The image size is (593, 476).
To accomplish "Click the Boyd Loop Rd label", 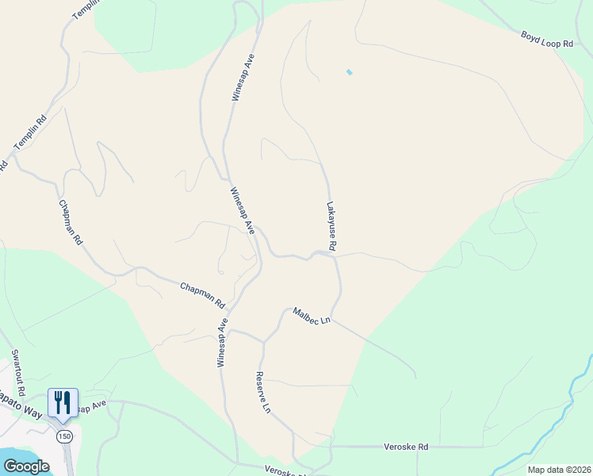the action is click(x=547, y=40).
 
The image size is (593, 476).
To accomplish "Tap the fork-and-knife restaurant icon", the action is click(x=63, y=401).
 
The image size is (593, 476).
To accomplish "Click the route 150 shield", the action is click(x=63, y=436).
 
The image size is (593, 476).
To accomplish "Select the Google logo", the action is click(x=26, y=466).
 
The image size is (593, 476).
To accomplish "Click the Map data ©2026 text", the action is click(x=559, y=470).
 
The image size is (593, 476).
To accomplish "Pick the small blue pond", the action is click(x=349, y=73).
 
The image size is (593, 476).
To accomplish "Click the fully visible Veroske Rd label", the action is click(x=406, y=447).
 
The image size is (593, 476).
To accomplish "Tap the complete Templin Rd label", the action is click(x=30, y=134).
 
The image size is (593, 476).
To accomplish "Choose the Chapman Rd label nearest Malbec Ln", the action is click(x=203, y=295).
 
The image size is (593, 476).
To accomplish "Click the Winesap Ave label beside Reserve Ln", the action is click(x=223, y=342).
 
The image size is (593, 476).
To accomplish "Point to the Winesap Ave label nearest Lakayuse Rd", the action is click(x=242, y=210).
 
